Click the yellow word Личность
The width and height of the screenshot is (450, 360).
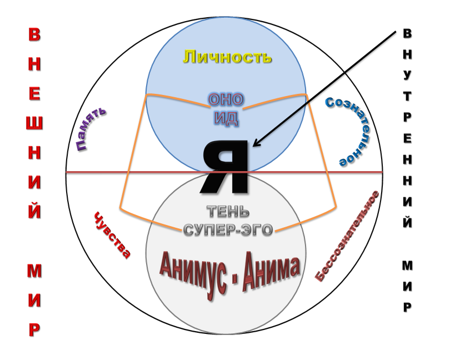click(227, 57)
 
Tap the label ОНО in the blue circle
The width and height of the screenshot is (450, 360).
click(226, 99)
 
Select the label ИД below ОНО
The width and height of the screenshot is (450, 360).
click(227, 118)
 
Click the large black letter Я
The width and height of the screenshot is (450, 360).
click(225, 167)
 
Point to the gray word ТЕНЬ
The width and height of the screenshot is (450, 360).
click(228, 212)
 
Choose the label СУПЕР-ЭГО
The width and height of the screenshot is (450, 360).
click(228, 229)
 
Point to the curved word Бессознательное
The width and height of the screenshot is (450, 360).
click(347, 236)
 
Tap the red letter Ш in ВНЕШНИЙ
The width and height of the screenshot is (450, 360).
click(34, 123)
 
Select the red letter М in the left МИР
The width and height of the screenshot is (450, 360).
click(34, 271)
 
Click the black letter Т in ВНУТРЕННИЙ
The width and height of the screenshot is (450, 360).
click(407, 96)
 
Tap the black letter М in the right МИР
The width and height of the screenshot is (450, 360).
click(407, 266)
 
